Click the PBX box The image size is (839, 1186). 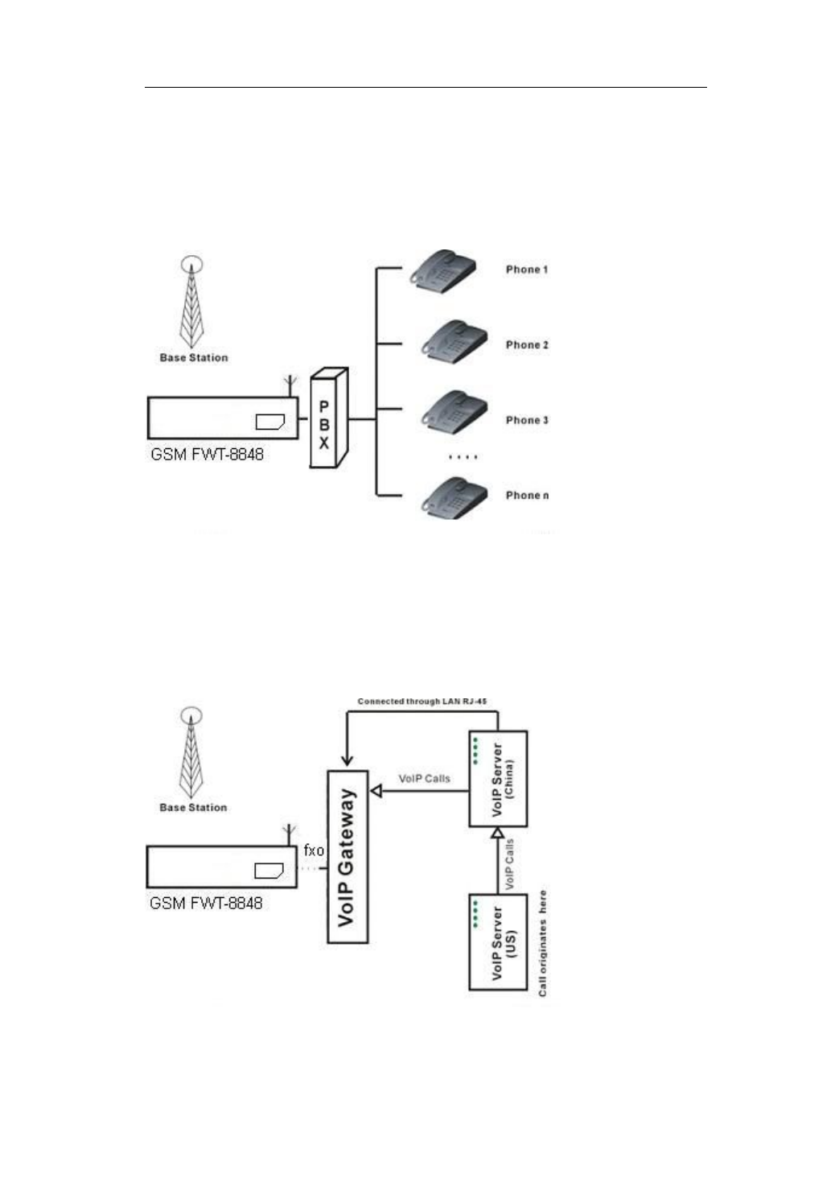pos(328,418)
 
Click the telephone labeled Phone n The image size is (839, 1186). pos(455,498)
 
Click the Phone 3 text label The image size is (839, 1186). pos(527,420)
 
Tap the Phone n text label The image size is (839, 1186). pos(527,496)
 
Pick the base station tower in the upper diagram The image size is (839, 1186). pos(191,303)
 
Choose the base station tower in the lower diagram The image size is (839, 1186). pos(191,752)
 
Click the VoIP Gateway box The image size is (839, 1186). pos(348,856)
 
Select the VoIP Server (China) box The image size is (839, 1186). pos(498,778)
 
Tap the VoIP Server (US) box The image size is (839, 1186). pos(498,941)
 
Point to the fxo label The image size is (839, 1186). pos(314,850)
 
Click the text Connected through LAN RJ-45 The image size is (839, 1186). pos(422,702)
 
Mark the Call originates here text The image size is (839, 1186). pos(543,943)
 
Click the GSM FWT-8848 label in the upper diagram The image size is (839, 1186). pos(207,455)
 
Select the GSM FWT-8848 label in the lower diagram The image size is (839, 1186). pos(206,903)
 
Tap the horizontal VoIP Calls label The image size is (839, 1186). pos(424,778)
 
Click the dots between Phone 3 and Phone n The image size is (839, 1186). pos(463,457)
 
